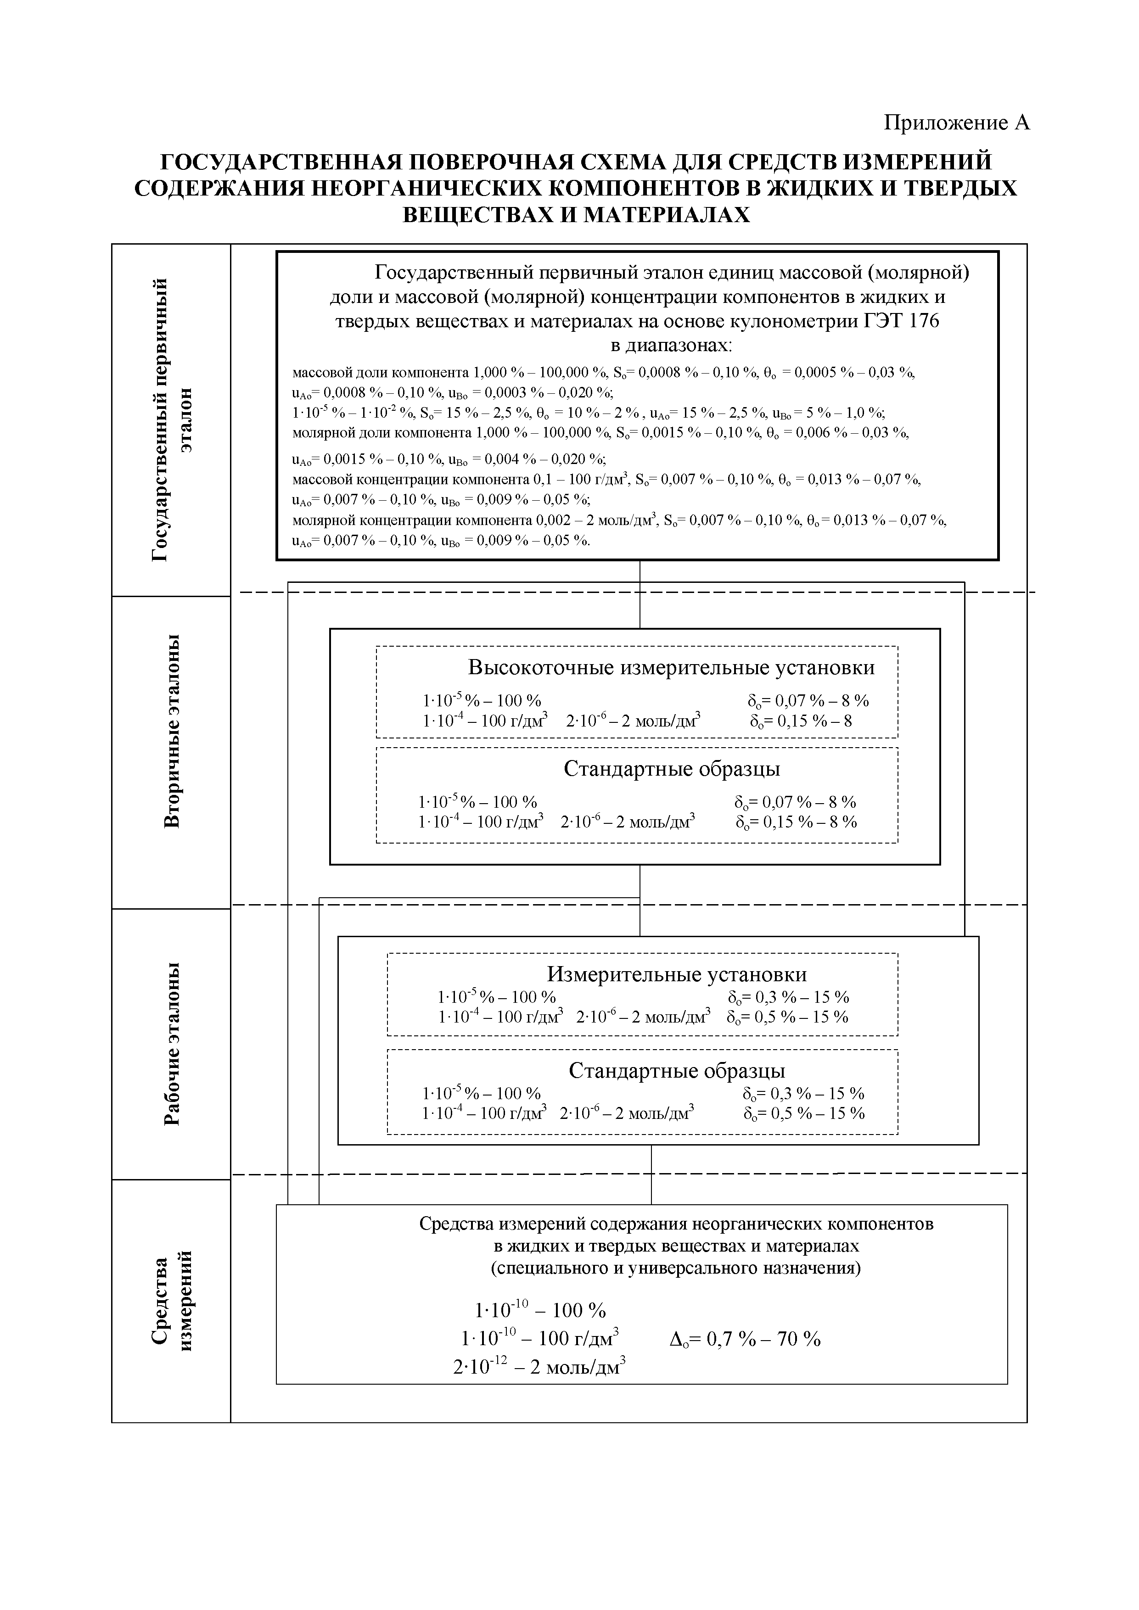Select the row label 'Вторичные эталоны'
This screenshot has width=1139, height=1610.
(x=172, y=731)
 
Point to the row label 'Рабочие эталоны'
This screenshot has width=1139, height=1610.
(x=172, y=1043)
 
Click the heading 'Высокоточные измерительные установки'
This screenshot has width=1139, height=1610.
(x=671, y=667)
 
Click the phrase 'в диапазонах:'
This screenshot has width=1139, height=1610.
(x=671, y=346)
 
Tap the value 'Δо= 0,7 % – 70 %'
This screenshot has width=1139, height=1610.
(x=745, y=1339)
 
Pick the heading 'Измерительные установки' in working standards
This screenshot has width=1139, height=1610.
(x=677, y=974)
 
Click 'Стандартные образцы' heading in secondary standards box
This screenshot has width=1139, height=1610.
(x=671, y=769)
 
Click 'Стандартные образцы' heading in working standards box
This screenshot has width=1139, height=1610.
(x=677, y=1070)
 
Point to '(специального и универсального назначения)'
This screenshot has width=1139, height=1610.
(x=675, y=1268)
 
